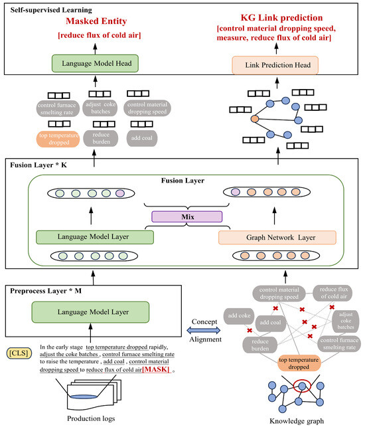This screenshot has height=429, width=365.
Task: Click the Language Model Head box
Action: click(x=95, y=64)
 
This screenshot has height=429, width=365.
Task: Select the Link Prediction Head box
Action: click(x=275, y=65)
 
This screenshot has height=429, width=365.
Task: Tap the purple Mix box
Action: click(x=187, y=216)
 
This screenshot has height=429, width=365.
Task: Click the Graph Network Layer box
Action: click(x=277, y=238)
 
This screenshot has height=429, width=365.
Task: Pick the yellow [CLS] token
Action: click(x=19, y=353)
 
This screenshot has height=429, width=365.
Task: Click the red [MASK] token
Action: click(x=155, y=369)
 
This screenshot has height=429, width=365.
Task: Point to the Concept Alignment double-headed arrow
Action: click(x=204, y=330)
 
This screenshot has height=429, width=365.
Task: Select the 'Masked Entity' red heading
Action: click(x=96, y=21)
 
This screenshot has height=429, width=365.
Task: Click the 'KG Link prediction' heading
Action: click(x=281, y=18)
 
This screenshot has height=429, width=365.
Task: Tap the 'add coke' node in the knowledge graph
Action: click(x=239, y=315)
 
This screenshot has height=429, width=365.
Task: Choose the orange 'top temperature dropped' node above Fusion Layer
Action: click(x=58, y=139)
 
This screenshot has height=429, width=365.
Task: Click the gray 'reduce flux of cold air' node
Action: click(x=332, y=293)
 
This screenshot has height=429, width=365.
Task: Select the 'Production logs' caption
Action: click(x=91, y=418)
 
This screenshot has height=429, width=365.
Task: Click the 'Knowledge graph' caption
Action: click(x=297, y=421)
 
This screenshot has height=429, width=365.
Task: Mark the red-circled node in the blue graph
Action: click(x=302, y=386)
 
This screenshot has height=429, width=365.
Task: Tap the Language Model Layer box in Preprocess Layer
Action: click(x=90, y=312)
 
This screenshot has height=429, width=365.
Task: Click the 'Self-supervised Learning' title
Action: click(x=51, y=10)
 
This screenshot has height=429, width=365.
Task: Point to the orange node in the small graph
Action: click(x=255, y=119)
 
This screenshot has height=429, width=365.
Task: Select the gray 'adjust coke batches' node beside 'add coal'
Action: click(x=346, y=321)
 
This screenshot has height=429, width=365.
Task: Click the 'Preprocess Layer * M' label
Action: click(x=46, y=291)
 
